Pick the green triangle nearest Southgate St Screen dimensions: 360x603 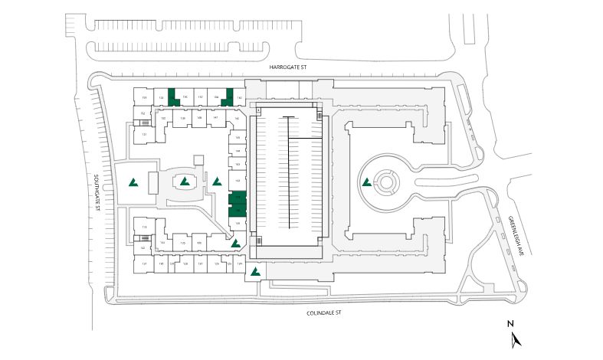[x=133, y=182]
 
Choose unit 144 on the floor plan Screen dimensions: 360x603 [x=238, y=151]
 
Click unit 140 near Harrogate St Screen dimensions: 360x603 [x=239, y=98]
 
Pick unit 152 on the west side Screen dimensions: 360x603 [x=143, y=113]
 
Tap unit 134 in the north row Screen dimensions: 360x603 [x=161, y=98]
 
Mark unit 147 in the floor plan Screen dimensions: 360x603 [x=216, y=118]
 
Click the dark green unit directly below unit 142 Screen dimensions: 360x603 [x=238, y=198]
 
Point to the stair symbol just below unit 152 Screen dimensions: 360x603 [x=144, y=123]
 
